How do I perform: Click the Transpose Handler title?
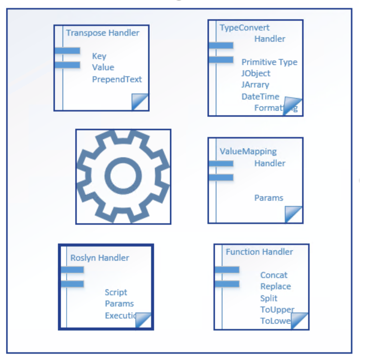tap(103, 33)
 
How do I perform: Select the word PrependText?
tap(117, 79)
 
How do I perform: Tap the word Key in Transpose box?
tap(99, 56)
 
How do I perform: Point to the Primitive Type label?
tap(269, 62)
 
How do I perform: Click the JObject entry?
tap(256, 73)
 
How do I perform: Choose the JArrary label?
tap(255, 85)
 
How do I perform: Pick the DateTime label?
tap(260, 96)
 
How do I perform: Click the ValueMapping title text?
tap(248, 151)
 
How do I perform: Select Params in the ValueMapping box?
tap(269, 198)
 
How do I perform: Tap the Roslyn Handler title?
tap(100, 258)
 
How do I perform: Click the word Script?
tap(116, 292)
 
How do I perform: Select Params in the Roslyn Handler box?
tap(119, 303)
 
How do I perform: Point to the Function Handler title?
tap(259, 251)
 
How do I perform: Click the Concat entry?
tap(274, 275)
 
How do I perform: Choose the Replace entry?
tap(275, 286)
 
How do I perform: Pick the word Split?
tap(268, 298)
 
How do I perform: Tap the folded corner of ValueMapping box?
tap(294, 214)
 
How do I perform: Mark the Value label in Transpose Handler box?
tap(103, 67)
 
